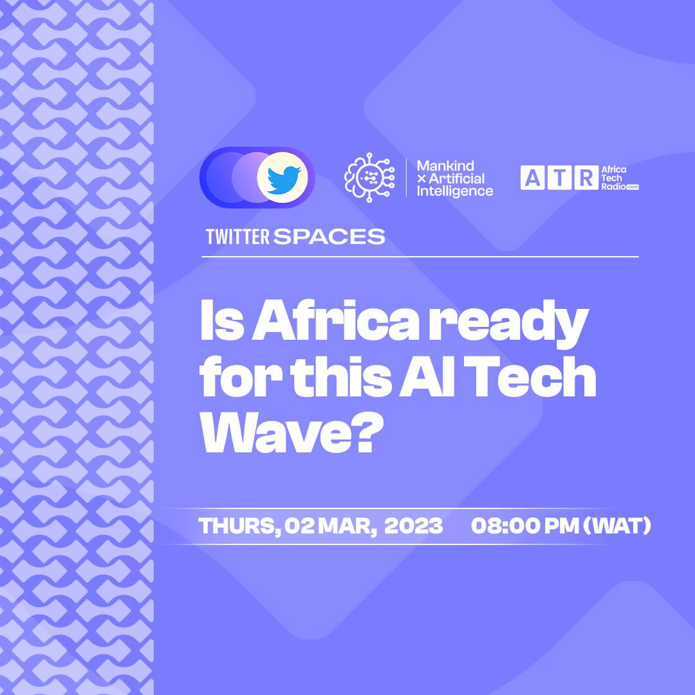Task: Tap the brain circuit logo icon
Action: pyautogui.click(x=369, y=178)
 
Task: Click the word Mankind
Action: pyautogui.click(x=445, y=166)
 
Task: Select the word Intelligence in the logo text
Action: pyautogui.click(x=455, y=192)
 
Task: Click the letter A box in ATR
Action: pyautogui.click(x=532, y=178)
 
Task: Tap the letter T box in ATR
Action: pyautogui.click(x=559, y=178)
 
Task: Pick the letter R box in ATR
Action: pyautogui.click(x=586, y=178)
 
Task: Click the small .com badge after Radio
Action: pyautogui.click(x=633, y=187)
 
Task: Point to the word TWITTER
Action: pyautogui.click(x=237, y=237)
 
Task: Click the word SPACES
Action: pyautogui.click(x=329, y=237)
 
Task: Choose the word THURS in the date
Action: pyautogui.click(x=239, y=526)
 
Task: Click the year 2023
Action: pyautogui.click(x=414, y=526)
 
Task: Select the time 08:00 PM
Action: pyautogui.click(x=525, y=526)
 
